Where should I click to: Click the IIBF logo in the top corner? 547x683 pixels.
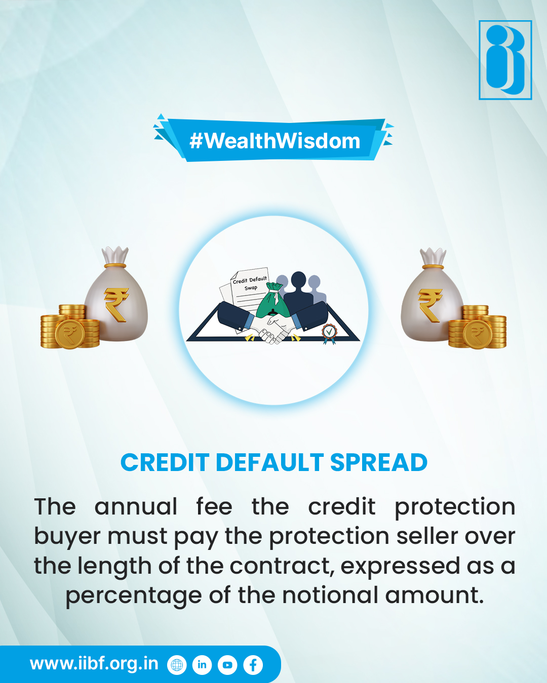[505, 60]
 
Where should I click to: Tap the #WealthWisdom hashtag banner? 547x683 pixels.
[275, 141]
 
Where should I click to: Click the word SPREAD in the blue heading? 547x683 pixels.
[379, 462]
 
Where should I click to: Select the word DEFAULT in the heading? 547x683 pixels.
[269, 462]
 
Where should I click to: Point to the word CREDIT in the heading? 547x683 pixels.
[165, 462]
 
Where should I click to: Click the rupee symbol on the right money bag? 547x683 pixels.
[430, 305]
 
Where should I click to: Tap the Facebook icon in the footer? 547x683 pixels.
[253, 665]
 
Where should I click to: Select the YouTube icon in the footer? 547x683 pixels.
[227, 665]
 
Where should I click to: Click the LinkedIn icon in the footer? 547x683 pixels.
[202, 665]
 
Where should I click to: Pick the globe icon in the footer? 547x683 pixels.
[177, 665]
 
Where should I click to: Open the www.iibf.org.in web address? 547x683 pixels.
[94, 663]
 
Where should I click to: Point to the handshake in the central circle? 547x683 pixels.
[273, 329]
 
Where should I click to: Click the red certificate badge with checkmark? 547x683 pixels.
[329, 332]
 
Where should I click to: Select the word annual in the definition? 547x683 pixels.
[136, 506]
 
